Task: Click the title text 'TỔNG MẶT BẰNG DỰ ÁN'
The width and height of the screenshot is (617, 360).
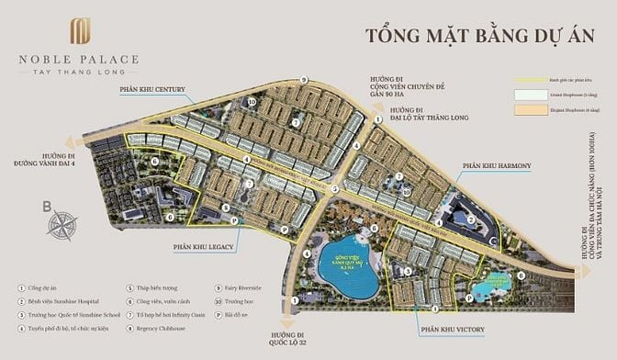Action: pyautogui.click(x=479, y=38)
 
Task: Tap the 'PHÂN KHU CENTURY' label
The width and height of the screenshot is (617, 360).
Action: pyautogui.click(x=151, y=91)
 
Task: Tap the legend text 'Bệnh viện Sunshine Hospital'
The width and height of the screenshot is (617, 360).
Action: pyautogui.click(x=73, y=300)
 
